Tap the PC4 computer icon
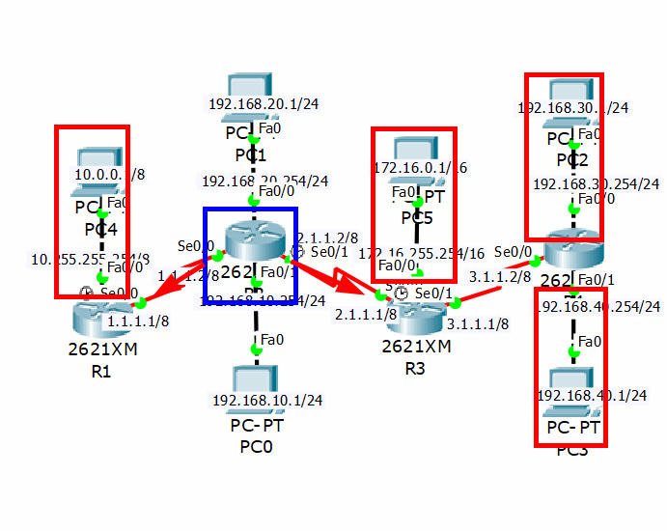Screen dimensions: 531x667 point(95,158)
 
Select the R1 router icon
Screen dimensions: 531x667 point(101,314)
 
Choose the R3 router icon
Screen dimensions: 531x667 point(415,313)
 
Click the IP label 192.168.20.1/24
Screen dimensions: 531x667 point(264,104)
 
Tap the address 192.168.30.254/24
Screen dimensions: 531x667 point(596,183)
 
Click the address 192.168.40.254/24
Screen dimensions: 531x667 point(598,307)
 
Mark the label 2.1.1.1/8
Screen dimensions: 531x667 point(366,314)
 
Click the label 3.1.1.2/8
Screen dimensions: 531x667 point(499,276)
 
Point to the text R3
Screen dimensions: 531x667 point(415,368)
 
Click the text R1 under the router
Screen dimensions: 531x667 point(100,370)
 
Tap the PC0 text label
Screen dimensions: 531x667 point(256,446)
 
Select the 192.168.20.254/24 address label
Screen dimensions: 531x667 point(264,181)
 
